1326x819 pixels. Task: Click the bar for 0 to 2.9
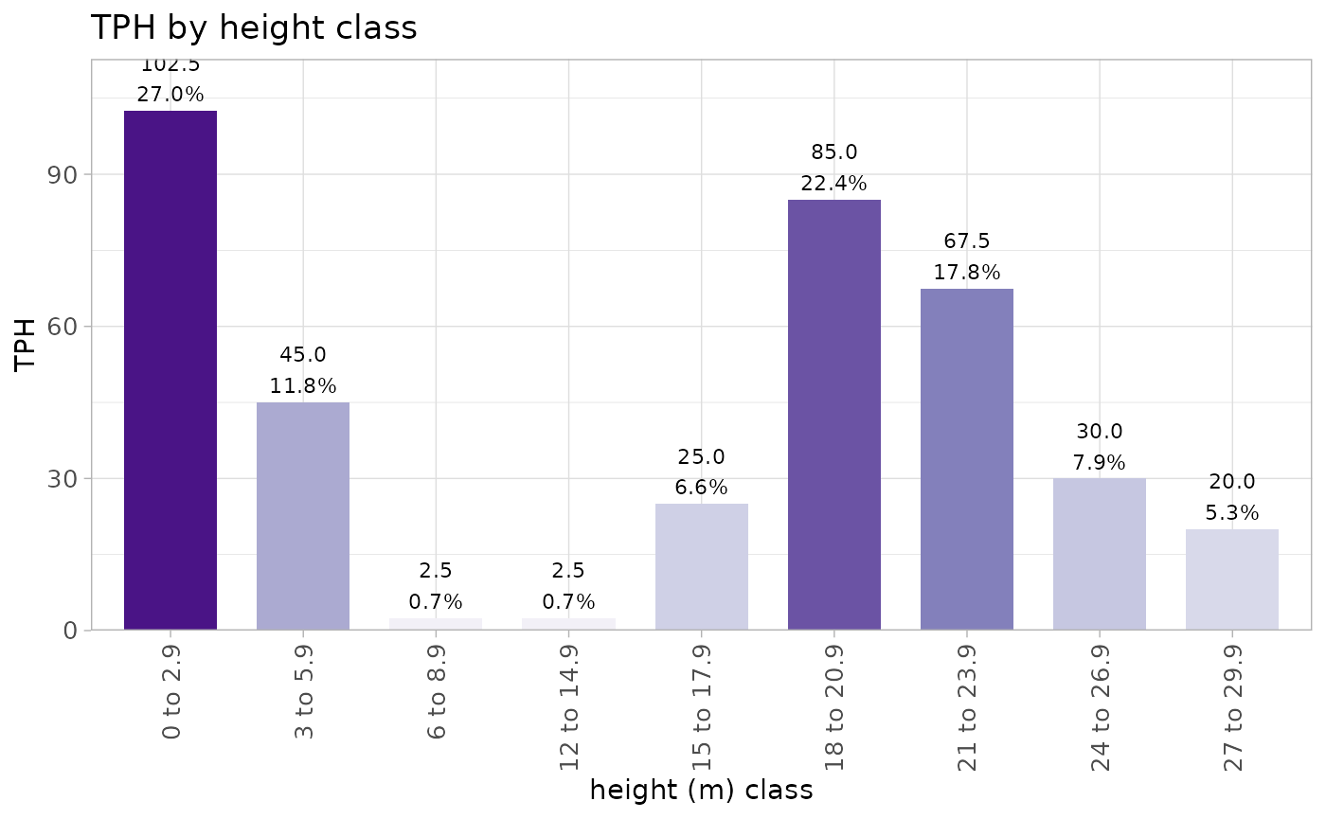(x=170, y=369)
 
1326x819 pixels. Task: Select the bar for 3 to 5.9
(x=303, y=516)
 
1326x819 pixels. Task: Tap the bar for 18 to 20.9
(x=834, y=414)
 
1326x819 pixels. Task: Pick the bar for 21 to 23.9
(x=967, y=459)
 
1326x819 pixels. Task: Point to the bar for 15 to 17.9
(x=701, y=566)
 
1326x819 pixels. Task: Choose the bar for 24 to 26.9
(x=1100, y=554)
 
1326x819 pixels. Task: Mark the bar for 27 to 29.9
(x=1232, y=579)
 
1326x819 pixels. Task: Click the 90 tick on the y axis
(x=70, y=175)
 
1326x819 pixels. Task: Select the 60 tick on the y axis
(x=70, y=327)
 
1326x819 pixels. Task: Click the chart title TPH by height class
(x=253, y=28)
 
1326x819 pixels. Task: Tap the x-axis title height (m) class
(x=701, y=791)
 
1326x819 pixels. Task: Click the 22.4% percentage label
(x=834, y=184)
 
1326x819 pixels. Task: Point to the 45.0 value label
(x=303, y=355)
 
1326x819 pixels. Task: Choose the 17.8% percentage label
(x=967, y=273)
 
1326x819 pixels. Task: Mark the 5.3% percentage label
(x=1232, y=513)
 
